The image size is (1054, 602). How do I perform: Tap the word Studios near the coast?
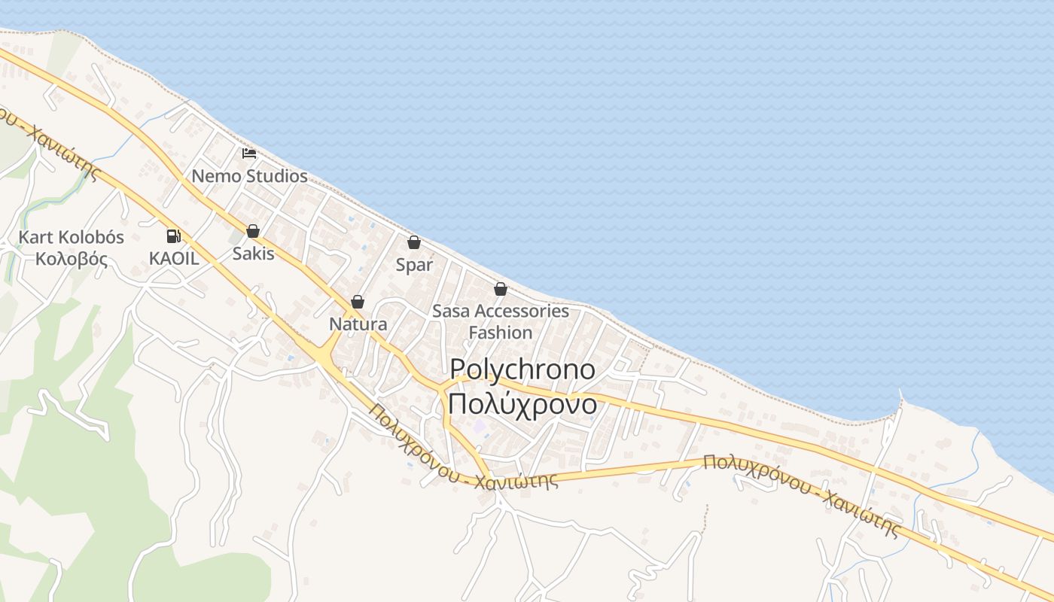(x=278, y=176)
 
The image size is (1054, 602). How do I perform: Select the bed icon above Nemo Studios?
(x=249, y=154)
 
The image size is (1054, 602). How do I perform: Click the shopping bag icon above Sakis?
(x=253, y=231)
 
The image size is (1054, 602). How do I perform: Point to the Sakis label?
(x=253, y=253)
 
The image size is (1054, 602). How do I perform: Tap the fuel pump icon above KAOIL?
(x=174, y=236)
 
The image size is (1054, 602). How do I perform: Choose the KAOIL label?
(x=174, y=258)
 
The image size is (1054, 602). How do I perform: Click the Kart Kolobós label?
(x=71, y=237)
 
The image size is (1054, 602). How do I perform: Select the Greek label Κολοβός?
(x=71, y=260)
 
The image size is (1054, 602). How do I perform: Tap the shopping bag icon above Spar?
(x=413, y=242)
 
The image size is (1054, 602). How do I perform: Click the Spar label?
(x=414, y=265)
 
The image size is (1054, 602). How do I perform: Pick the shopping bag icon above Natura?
(x=358, y=302)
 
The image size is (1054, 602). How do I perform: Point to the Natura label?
(x=358, y=324)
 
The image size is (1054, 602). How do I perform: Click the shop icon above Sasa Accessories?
(x=500, y=289)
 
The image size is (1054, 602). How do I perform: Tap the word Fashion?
(x=500, y=332)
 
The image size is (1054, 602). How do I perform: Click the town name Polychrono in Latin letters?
(x=522, y=369)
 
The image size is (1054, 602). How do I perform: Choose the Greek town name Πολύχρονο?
(x=522, y=404)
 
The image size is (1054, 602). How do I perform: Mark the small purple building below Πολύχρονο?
(x=479, y=427)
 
